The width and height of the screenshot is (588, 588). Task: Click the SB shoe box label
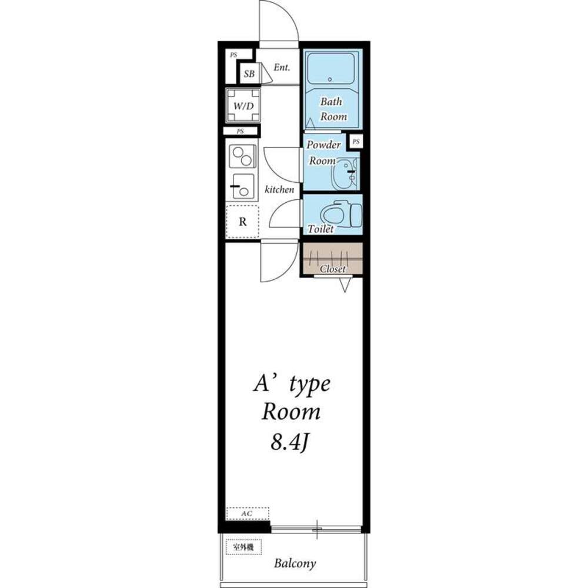(x=249, y=74)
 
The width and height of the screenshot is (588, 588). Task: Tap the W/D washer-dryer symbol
(x=243, y=105)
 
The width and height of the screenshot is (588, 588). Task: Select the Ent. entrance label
(x=282, y=68)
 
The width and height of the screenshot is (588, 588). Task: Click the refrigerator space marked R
(x=243, y=222)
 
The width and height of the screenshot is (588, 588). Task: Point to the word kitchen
(x=279, y=190)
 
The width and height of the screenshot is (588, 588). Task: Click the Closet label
(x=333, y=269)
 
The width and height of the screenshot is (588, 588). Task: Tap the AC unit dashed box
(x=248, y=513)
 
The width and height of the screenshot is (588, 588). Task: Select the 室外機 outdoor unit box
(x=243, y=547)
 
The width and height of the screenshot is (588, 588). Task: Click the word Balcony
(x=295, y=563)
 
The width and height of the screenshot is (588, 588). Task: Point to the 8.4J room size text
(x=289, y=443)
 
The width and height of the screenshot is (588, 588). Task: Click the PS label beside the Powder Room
(x=356, y=141)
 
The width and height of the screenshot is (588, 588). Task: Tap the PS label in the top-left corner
(x=233, y=55)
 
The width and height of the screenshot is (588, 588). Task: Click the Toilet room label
(x=320, y=229)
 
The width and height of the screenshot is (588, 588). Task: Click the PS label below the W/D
(x=240, y=131)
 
